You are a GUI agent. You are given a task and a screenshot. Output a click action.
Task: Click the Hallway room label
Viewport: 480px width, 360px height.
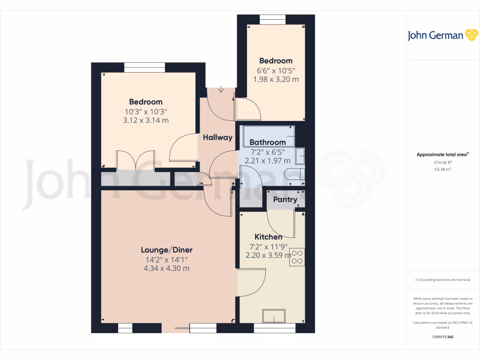[x=217, y=137]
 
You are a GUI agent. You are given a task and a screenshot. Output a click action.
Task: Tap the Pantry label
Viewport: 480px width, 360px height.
[x=285, y=199]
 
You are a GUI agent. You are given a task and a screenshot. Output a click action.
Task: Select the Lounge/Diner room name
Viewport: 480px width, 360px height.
[x=167, y=250]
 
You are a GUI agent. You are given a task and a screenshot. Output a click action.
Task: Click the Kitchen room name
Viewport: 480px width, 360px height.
[x=268, y=237]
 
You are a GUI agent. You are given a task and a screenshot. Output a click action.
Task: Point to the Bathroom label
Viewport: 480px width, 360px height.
[x=267, y=142]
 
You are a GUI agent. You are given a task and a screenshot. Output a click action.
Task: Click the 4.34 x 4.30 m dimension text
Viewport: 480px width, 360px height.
[x=167, y=269]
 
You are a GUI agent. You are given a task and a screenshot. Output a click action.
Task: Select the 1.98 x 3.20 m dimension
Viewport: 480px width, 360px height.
[x=276, y=79]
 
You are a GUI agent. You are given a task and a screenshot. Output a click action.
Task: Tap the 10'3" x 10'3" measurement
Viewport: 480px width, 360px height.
[x=146, y=112]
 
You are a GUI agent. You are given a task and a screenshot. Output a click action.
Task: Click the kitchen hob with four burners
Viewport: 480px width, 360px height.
[x=297, y=257]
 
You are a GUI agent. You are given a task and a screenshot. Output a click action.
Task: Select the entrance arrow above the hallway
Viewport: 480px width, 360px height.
[x=221, y=89]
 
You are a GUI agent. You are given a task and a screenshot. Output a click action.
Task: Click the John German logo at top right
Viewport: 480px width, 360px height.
[x=442, y=35]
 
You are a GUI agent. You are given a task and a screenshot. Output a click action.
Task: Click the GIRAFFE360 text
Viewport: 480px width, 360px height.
[x=442, y=337]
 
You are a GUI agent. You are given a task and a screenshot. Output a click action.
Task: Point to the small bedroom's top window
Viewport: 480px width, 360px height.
[x=273, y=19]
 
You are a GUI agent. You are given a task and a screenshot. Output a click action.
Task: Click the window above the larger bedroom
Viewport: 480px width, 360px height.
[x=138, y=67]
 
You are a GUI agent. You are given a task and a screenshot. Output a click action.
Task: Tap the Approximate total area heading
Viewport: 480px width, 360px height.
[x=442, y=154]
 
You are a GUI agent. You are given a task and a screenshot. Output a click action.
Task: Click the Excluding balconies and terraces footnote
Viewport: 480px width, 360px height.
[x=442, y=280]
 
